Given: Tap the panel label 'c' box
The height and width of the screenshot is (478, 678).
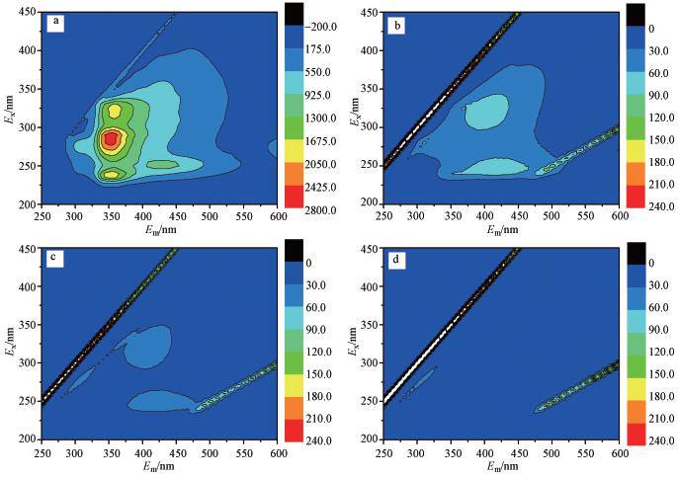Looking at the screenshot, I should click(57, 261).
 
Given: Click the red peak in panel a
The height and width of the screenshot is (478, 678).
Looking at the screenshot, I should click(112, 138).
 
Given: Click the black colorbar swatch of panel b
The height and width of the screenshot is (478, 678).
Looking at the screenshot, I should click(637, 15).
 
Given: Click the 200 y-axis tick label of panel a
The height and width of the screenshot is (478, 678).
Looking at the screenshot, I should click(30, 204).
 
